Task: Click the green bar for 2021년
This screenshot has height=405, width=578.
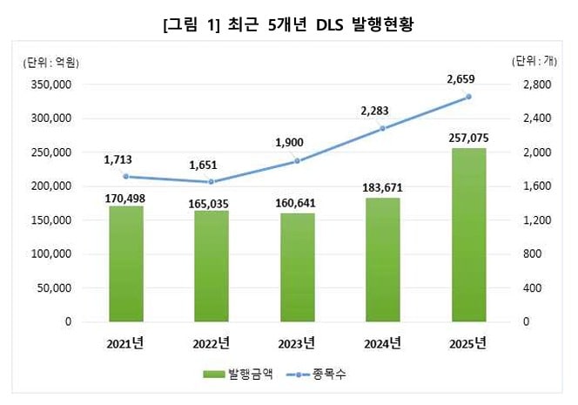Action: pos(126,264)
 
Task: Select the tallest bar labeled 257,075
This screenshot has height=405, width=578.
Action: pos(468,235)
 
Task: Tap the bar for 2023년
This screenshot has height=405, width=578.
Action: pos(297,267)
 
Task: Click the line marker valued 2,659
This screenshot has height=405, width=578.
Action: pos(468,97)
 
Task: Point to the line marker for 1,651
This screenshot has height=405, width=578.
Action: pos(212,182)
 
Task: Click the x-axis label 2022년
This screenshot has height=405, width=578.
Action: pos(212,341)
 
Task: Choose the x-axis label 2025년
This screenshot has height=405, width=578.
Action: pos(468,341)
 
